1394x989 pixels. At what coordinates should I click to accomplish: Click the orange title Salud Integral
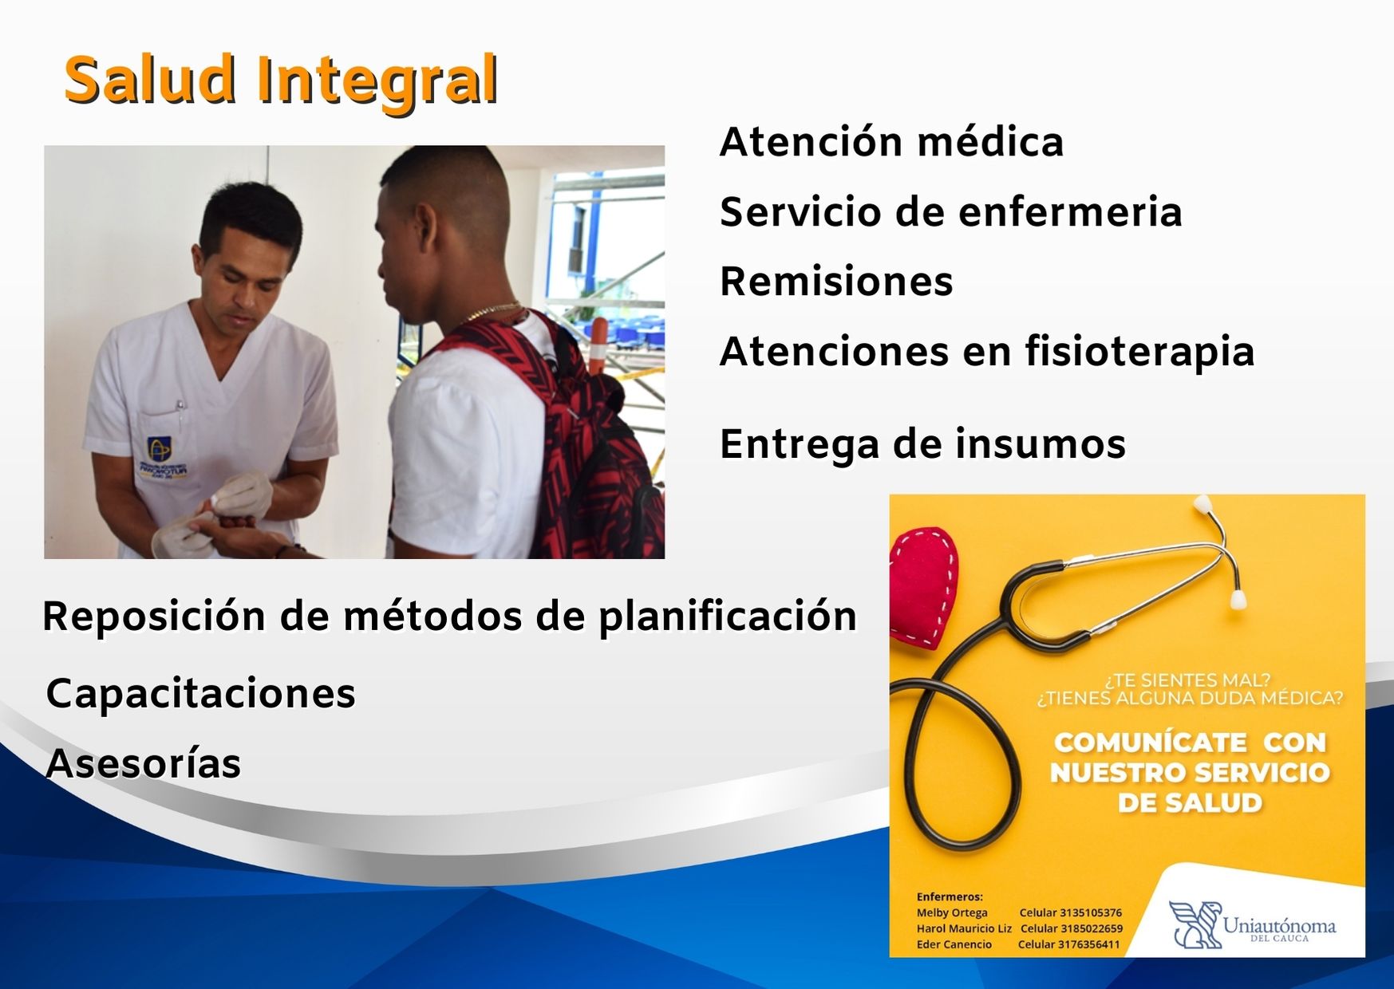coord(281,80)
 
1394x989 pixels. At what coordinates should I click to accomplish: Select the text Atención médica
coord(891,143)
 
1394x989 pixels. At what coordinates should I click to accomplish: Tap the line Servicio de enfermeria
coord(950,212)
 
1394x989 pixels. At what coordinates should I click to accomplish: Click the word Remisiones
coord(836,282)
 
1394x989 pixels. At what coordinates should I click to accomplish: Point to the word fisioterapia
coord(1139,352)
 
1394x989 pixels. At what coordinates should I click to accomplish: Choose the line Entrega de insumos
coord(922,444)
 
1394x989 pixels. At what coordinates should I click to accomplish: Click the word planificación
coord(728,617)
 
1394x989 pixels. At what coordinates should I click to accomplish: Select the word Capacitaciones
coord(200,693)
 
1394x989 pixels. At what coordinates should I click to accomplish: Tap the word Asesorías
coord(144,763)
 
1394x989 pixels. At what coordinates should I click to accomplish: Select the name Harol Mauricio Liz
coord(963,928)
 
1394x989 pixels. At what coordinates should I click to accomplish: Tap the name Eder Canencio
coord(954,944)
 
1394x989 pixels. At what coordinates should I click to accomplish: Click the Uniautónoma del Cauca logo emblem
coord(1195,924)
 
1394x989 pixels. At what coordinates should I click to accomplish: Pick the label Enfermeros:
coord(949,896)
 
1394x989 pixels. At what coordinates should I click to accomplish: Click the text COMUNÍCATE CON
coord(1189,743)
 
